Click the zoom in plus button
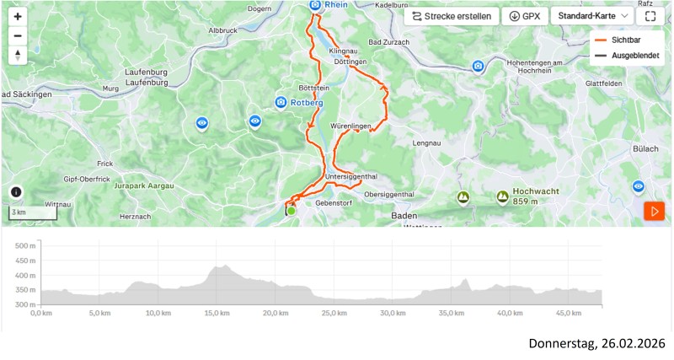point(18,16)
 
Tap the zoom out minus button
point(18,36)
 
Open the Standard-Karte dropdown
point(592,16)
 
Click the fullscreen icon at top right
point(650,16)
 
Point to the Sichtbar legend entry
point(623,40)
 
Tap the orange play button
point(654,211)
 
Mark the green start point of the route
point(292,211)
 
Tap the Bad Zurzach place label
point(388,42)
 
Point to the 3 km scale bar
point(33,213)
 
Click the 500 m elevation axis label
point(25,245)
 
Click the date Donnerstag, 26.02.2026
point(596,344)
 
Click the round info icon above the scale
point(16,192)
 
